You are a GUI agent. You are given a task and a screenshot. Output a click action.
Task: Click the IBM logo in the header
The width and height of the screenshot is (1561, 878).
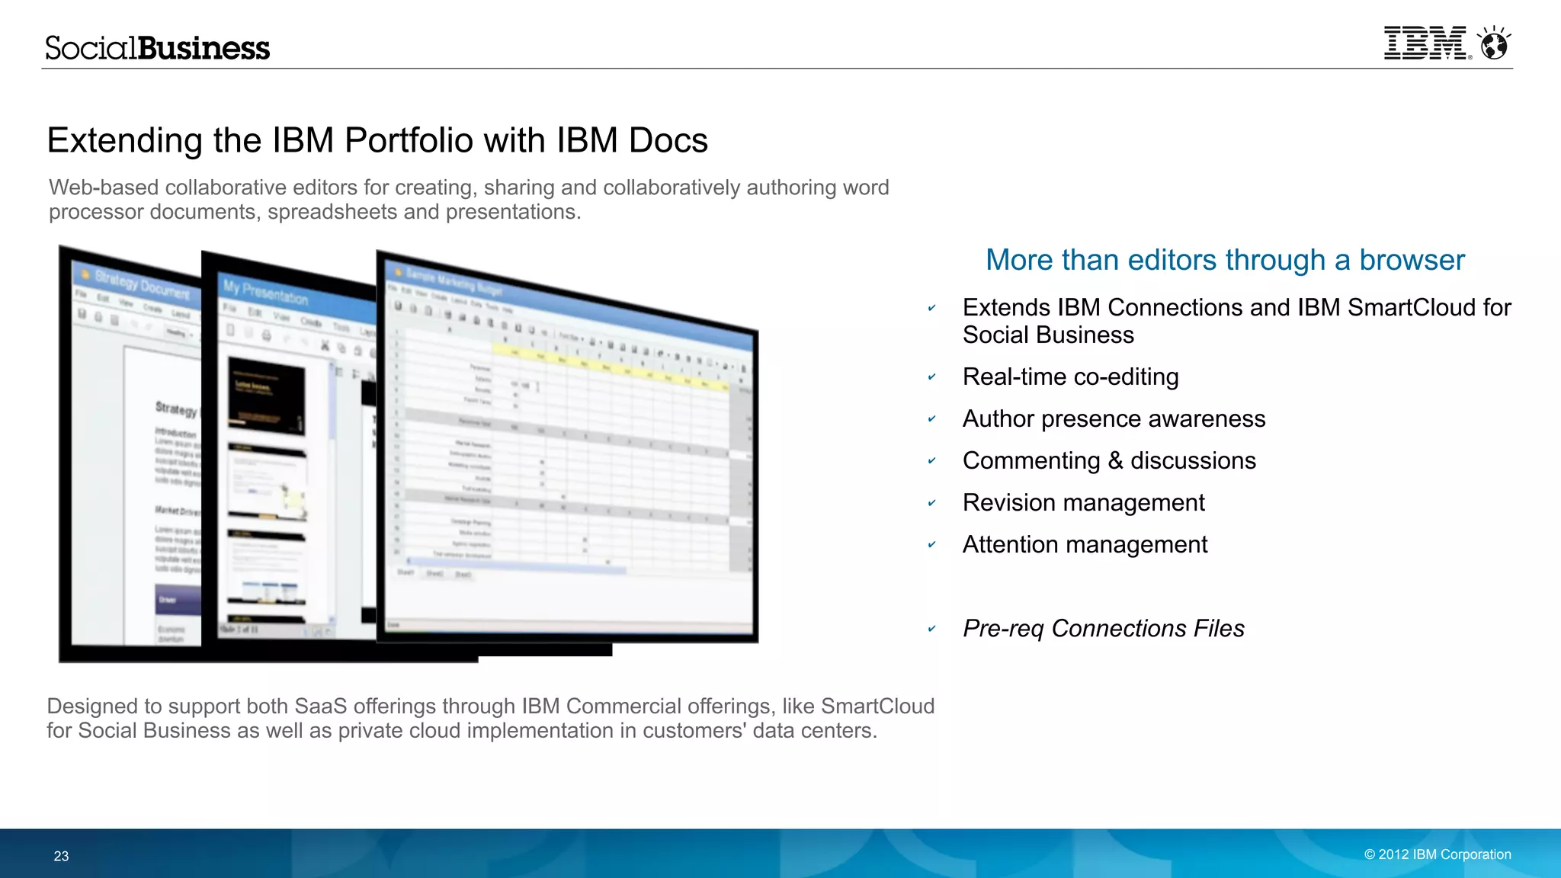pos(1425,43)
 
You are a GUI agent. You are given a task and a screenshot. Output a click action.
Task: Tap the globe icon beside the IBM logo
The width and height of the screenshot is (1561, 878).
pos(1494,44)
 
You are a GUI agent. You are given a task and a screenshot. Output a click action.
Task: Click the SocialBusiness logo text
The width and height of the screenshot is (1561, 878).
pos(157,48)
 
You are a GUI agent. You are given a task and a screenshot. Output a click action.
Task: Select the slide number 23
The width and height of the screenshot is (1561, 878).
pos(61,856)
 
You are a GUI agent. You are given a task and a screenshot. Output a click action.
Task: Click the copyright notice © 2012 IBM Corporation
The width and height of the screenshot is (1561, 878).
pos(1437,854)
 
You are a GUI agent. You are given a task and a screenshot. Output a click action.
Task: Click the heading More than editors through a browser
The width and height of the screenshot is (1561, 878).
pos(1224,260)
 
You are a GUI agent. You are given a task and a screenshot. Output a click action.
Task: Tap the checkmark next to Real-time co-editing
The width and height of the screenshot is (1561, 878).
pos(931,377)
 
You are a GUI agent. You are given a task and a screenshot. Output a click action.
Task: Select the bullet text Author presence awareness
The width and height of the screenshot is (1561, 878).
pos(1113,418)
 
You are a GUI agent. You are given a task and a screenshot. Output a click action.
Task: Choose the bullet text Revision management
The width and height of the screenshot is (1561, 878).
pos(1083,503)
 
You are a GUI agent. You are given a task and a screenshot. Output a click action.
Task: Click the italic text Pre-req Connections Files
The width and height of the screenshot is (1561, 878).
pos(1103,629)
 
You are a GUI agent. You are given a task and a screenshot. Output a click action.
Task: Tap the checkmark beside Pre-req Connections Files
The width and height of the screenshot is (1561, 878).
pos(931,630)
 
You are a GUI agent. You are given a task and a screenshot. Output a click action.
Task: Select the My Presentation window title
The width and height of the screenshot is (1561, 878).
pos(265,292)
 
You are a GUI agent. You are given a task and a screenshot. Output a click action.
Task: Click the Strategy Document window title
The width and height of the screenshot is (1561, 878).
pos(143,284)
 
